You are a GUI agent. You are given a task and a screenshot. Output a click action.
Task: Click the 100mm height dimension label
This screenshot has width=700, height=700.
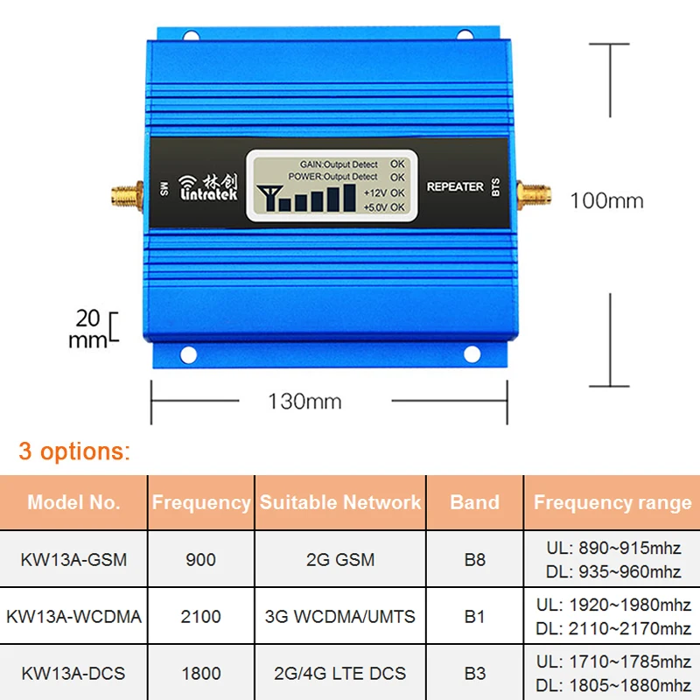[606, 200]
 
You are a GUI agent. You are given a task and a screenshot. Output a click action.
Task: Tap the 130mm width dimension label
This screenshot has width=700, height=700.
[304, 402]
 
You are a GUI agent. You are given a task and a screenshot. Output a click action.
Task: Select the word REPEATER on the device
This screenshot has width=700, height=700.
[454, 186]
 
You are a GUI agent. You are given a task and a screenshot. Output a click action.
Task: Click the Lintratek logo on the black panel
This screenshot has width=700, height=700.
[207, 187]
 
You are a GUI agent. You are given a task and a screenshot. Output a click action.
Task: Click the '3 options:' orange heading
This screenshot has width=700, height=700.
[74, 451]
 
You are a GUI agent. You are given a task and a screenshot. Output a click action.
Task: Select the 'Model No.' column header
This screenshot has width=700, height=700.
[73, 502]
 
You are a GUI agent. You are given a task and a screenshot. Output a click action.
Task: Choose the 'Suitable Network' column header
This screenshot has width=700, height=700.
[340, 502]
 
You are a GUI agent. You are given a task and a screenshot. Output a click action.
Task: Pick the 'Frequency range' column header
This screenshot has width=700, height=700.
[612, 502]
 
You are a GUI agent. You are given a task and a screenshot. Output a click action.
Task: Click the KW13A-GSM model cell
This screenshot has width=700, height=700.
[73, 559]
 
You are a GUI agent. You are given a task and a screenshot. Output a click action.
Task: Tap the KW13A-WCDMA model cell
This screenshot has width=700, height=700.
[73, 616]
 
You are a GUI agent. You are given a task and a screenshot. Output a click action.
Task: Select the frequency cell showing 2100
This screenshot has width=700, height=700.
[200, 616]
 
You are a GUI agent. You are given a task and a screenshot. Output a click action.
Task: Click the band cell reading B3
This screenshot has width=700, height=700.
[474, 673]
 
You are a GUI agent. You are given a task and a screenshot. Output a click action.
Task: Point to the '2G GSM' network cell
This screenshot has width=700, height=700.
[340, 559]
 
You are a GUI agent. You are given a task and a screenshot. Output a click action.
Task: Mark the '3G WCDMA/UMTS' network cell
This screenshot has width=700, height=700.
[340, 616]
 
